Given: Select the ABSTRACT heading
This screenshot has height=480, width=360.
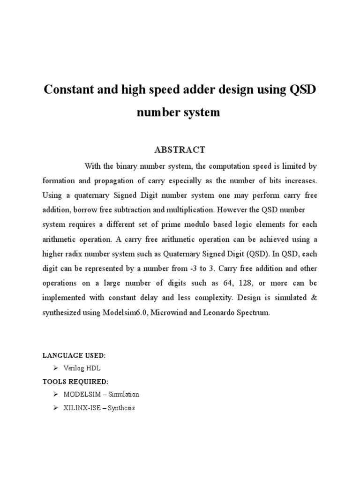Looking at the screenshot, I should (180, 150).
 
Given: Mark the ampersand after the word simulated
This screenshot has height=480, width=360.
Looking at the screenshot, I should (314, 298).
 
